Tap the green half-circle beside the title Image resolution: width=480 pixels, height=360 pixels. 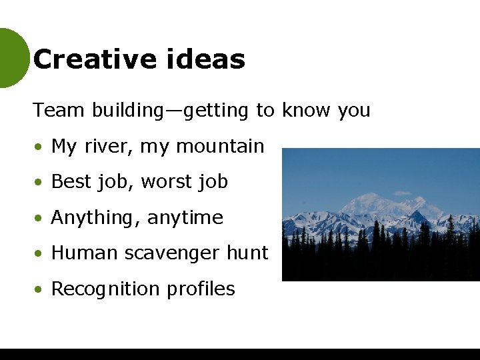pos(12,58)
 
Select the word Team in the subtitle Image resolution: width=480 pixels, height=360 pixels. pos(59,110)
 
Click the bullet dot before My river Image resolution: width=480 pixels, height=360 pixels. pos(41,147)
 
